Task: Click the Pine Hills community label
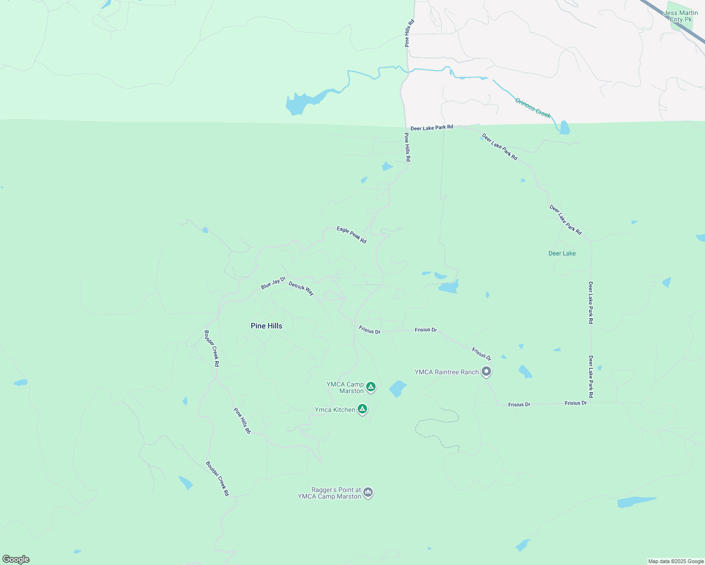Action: [266, 326]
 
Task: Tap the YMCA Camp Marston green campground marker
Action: [371, 387]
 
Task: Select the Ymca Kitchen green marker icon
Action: [362, 409]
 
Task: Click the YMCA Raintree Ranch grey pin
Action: [486, 371]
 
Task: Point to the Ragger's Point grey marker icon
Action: [368, 492]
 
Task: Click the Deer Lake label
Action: [562, 253]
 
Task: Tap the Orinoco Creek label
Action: [533, 108]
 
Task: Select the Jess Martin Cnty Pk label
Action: [681, 16]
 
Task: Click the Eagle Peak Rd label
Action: [352, 235]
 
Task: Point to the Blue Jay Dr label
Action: [273, 283]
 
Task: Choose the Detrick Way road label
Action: [301, 289]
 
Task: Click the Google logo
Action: [16, 559]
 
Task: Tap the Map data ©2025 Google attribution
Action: [676, 561]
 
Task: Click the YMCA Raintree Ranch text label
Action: [446, 372]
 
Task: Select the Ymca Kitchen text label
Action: [335, 410]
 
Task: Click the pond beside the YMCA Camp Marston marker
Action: [397, 389]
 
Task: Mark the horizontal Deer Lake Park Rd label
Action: [432, 128]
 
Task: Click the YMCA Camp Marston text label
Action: [345, 387]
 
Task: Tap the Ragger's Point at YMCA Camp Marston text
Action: [329, 493]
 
